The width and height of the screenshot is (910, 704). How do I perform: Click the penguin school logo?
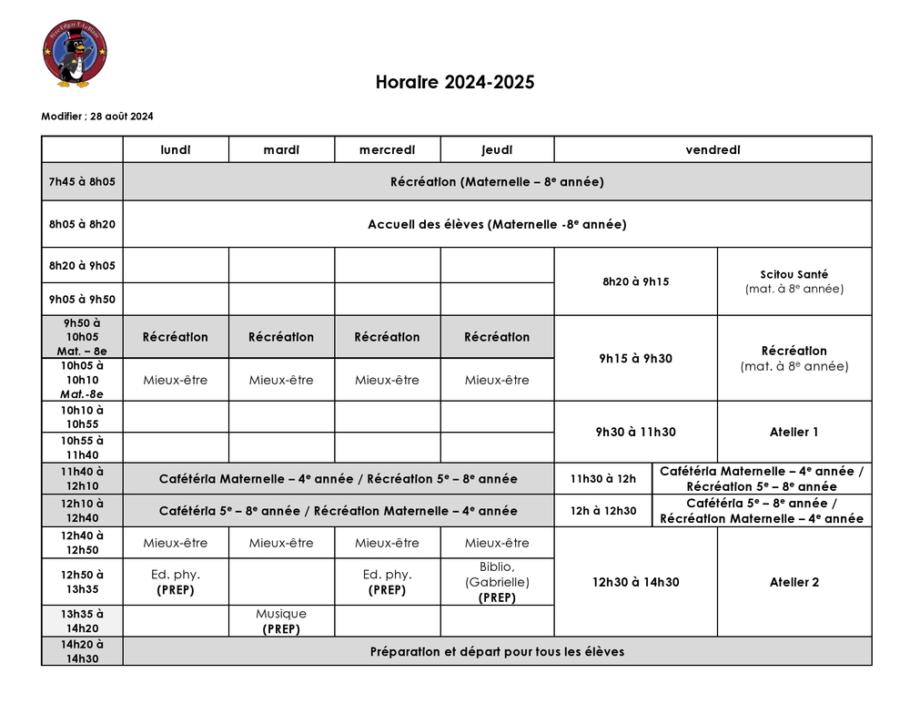point(75,56)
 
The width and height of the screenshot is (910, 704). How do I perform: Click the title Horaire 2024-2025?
point(455,83)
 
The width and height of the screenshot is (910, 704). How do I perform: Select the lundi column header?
point(176,149)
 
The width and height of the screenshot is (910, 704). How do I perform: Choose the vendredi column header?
point(713,149)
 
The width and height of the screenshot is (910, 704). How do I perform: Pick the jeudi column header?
point(497,149)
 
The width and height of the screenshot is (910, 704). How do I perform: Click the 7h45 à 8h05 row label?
point(82,181)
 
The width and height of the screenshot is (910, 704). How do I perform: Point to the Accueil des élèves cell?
point(497,224)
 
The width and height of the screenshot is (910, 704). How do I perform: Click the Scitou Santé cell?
point(794,281)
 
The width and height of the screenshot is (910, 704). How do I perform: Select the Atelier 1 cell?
point(794,433)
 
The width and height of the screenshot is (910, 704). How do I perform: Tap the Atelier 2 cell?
point(794,582)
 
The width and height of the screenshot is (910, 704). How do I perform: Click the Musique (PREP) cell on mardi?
point(281,621)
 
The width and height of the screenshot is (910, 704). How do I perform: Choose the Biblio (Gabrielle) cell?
point(497,582)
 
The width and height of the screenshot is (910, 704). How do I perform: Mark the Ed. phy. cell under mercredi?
point(387,581)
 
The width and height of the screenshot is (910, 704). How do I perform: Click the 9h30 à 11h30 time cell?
point(635,433)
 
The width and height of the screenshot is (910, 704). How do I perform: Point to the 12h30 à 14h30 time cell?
point(635,582)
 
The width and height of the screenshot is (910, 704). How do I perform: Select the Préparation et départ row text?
point(497,652)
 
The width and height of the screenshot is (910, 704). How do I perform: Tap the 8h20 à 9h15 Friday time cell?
point(635,281)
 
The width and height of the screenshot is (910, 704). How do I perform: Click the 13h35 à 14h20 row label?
point(82,621)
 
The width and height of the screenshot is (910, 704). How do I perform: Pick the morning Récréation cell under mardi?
point(281,337)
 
